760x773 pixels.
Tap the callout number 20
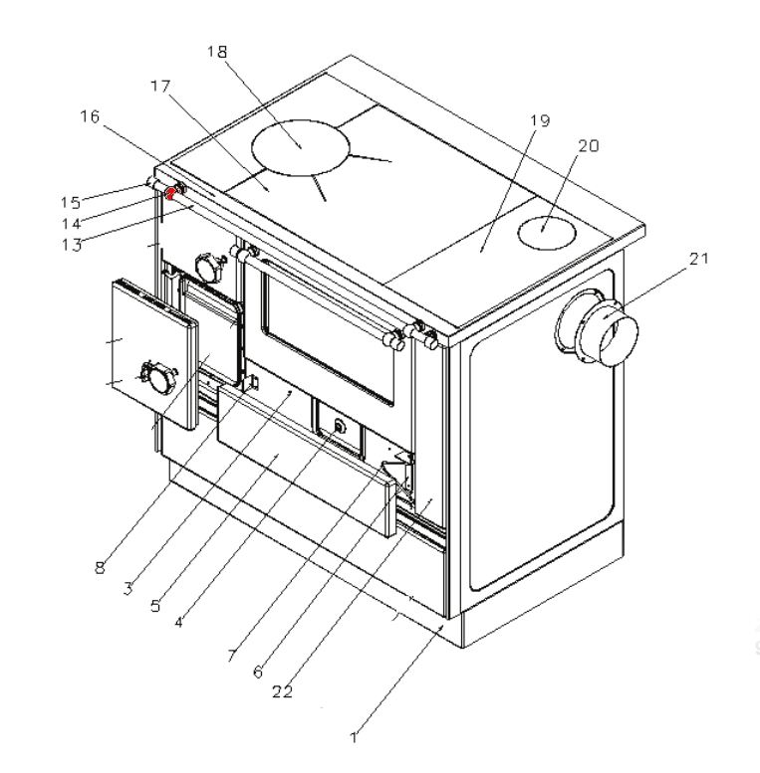point(588,145)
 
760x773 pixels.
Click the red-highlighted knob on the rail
point(171,192)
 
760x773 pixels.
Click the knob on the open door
point(156,374)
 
